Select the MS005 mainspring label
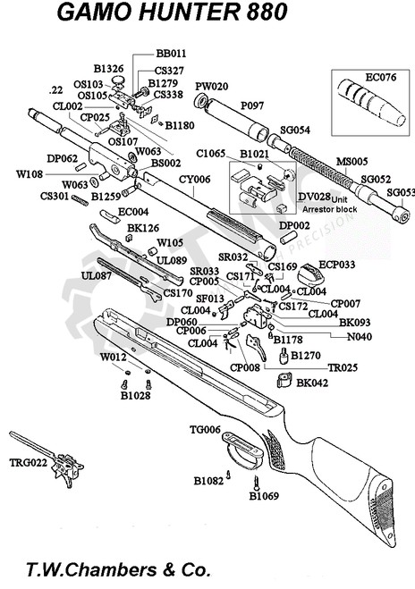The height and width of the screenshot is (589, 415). coord(351,161)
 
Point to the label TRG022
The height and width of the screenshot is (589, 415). coord(26,463)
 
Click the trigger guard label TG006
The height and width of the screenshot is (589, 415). coord(204,430)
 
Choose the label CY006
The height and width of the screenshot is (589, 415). coord(195,180)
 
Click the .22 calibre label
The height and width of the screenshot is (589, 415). coord(56,90)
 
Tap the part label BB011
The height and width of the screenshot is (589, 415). coord(171,54)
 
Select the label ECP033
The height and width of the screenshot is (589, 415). coord(338,265)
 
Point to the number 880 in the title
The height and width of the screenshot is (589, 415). coord(262,14)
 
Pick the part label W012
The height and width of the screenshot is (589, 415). coord(113,358)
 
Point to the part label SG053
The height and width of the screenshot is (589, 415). coord(401,192)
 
